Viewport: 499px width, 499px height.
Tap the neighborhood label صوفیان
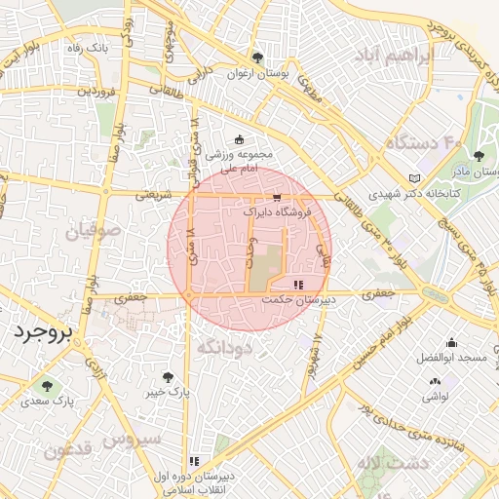[x=94, y=233]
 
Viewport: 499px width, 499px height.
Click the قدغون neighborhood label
[x=67, y=449]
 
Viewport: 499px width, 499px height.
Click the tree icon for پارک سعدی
[x=47, y=387]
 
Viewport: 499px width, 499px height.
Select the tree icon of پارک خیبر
[x=170, y=376]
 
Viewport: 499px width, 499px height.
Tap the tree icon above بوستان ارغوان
[x=257, y=57]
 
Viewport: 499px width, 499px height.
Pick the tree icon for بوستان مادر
[x=478, y=156]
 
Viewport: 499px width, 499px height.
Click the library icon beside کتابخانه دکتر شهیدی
[x=415, y=178]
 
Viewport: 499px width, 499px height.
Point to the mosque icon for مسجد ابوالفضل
[x=451, y=343]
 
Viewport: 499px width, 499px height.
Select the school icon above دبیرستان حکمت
[x=297, y=286]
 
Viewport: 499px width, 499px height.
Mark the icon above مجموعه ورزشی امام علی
[x=240, y=140]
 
